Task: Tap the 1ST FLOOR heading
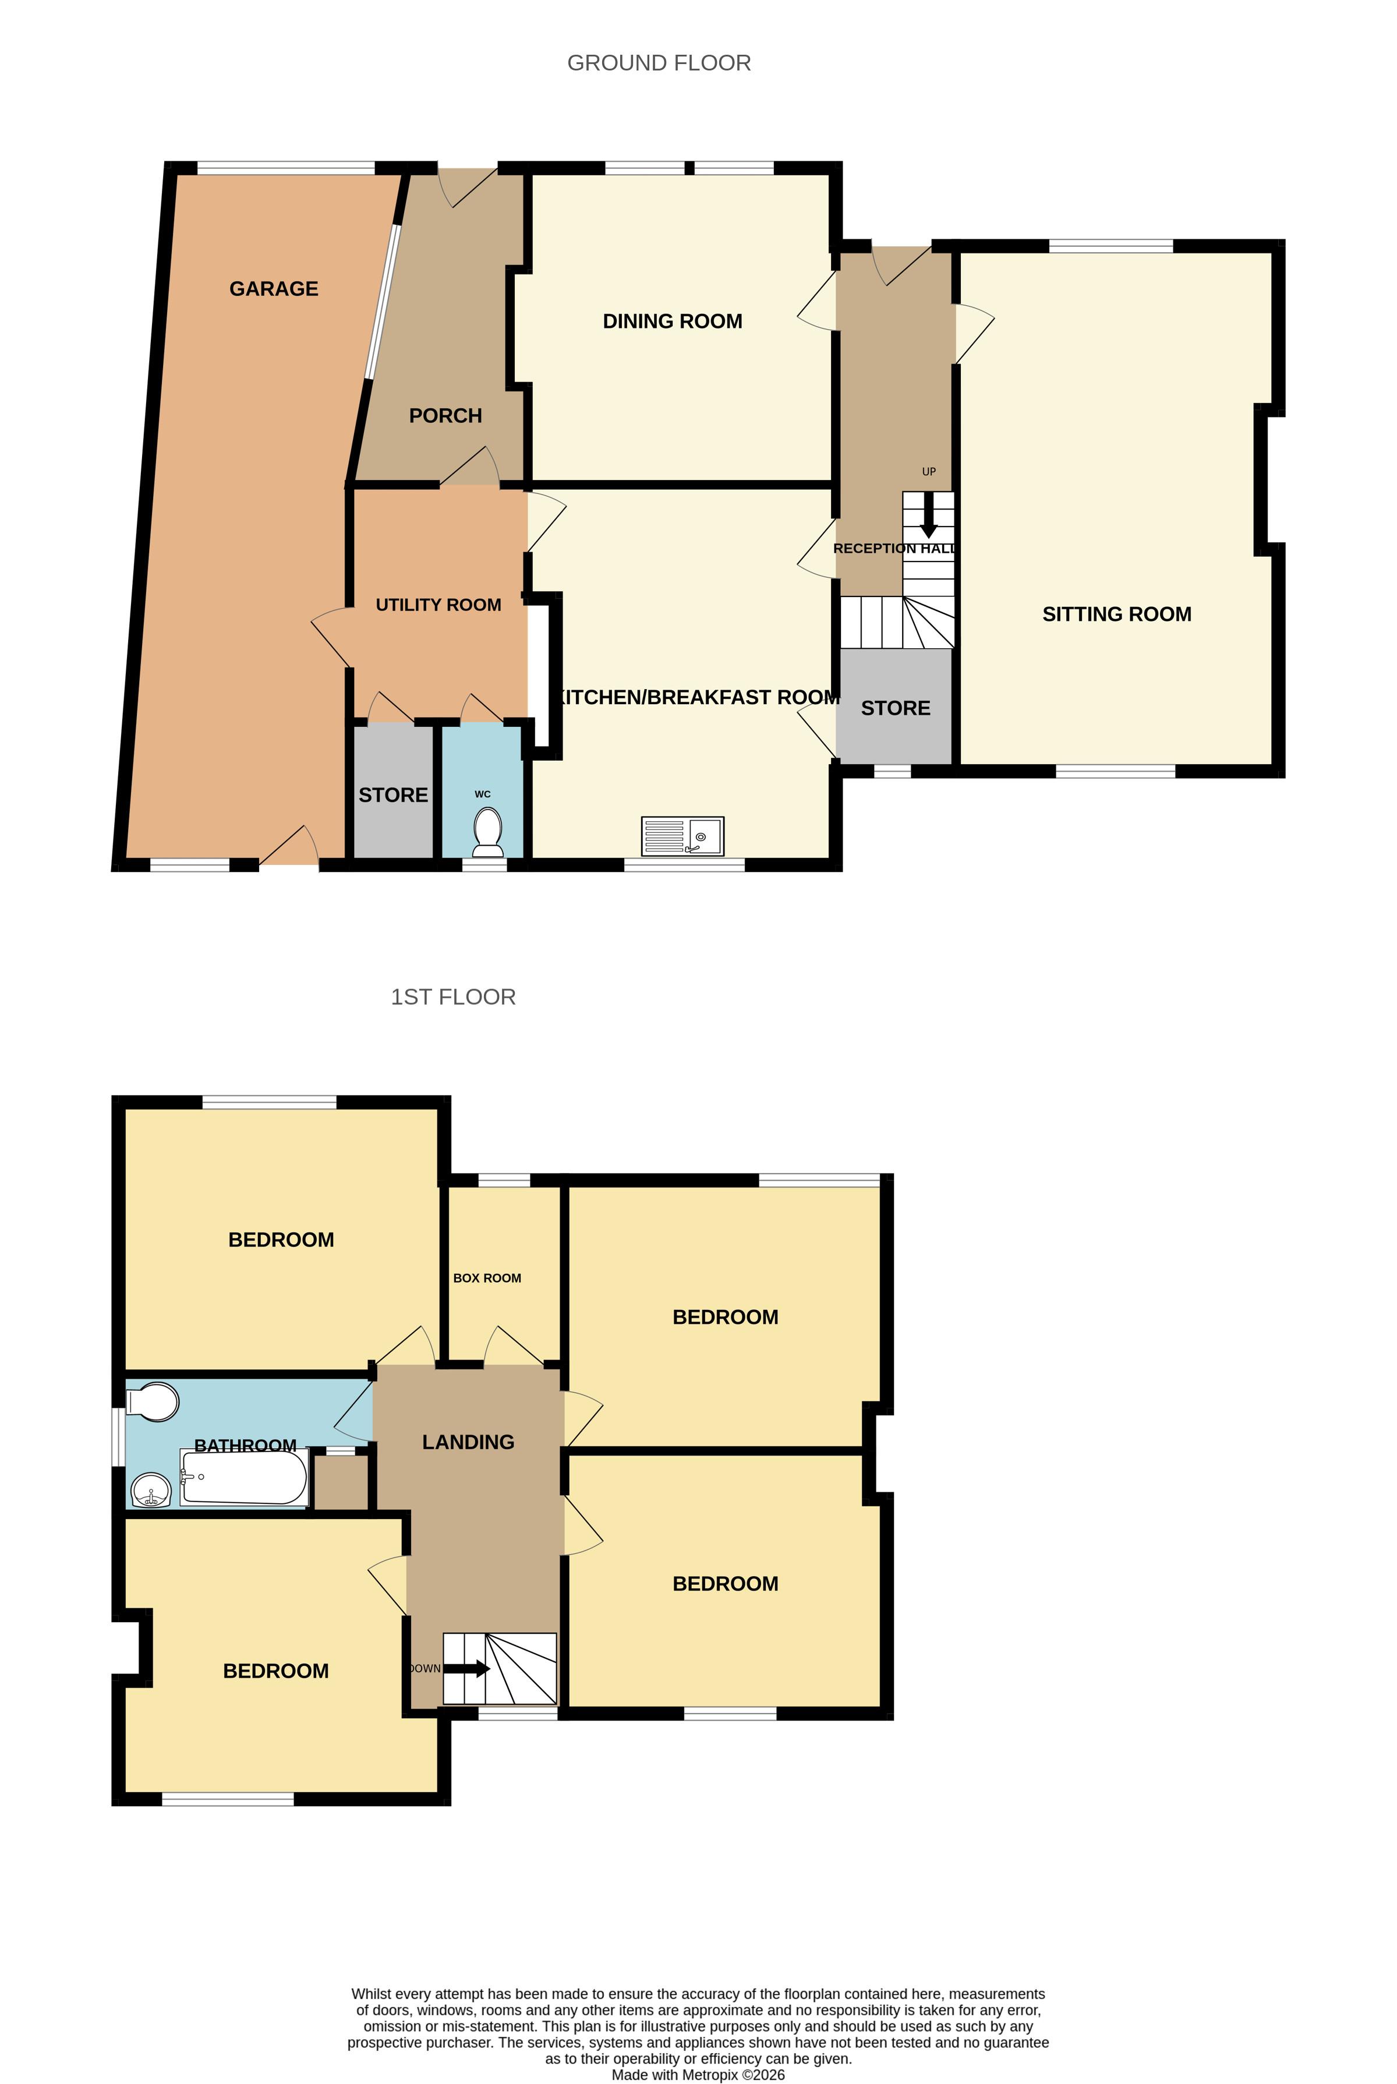coord(452,996)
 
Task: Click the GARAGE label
coord(274,289)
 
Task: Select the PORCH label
coord(445,415)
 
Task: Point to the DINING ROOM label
coord(672,321)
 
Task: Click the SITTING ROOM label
coord(1116,614)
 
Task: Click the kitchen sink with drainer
coord(682,836)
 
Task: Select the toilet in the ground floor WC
coord(487,831)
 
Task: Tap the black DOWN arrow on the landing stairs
coord(467,1668)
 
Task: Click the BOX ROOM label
coord(486,1278)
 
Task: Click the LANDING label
coord(468,1442)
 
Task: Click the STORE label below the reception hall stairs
coord(896,708)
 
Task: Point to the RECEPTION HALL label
coord(894,548)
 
